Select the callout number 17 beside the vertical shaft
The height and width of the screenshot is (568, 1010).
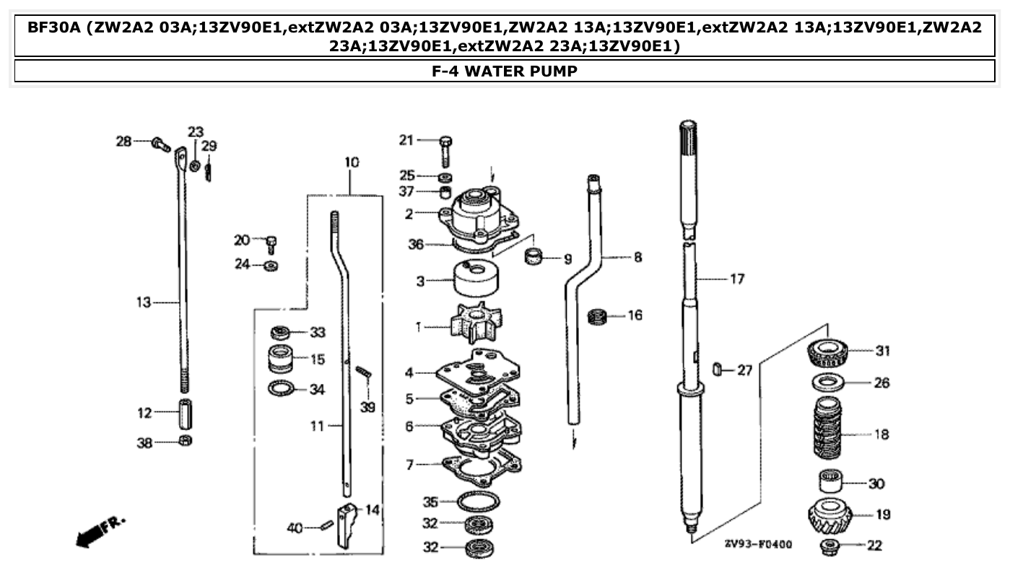tap(736, 279)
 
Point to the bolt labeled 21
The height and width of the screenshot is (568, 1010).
tap(445, 150)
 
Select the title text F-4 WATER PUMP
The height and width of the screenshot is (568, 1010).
tap(504, 71)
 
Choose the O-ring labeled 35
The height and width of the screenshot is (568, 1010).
tap(478, 499)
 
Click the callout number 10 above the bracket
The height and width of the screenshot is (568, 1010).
tap(351, 162)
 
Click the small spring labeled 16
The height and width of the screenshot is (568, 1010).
tap(597, 316)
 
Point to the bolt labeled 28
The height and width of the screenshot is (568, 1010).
tap(160, 145)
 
